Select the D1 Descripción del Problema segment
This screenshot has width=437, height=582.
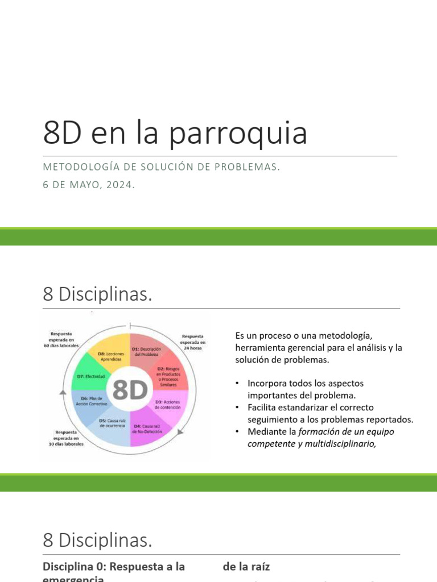tap(147, 352)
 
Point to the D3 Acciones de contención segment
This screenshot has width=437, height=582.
tap(167, 405)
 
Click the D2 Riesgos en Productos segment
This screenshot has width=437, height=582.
tap(167, 376)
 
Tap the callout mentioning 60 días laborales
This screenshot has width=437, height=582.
tap(61, 339)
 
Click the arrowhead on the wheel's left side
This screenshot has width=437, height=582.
tap(57, 392)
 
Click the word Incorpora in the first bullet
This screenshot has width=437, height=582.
tap(267, 383)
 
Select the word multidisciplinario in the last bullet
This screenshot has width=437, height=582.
tap(340, 444)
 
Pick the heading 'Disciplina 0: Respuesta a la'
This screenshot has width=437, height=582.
tap(114, 567)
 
